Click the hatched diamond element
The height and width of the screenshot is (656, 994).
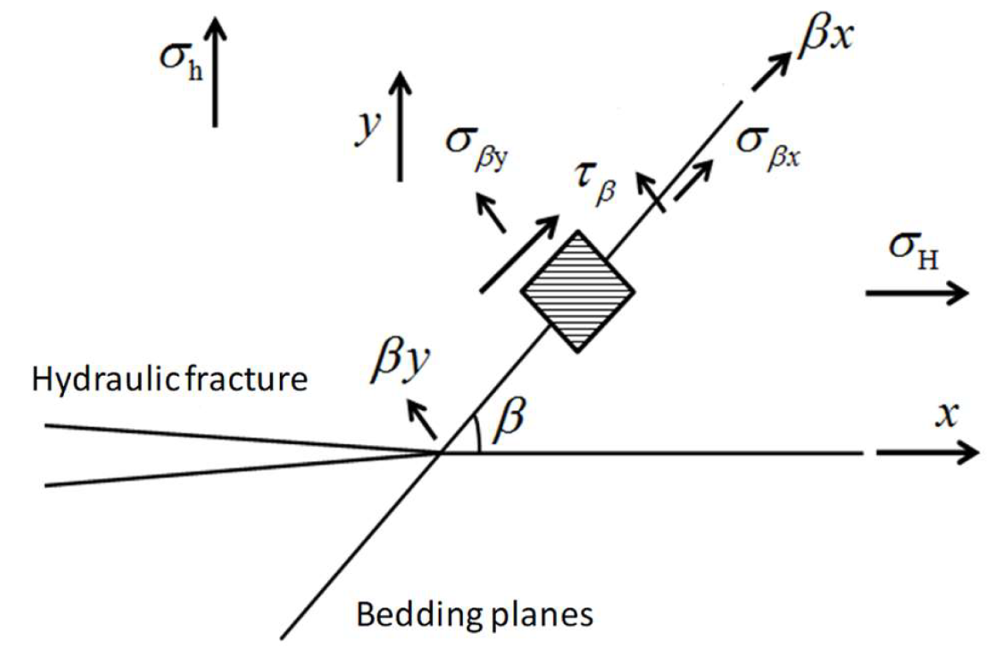point(578,290)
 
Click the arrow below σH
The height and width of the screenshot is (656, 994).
point(916,293)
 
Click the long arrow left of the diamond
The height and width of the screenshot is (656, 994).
point(518,253)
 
